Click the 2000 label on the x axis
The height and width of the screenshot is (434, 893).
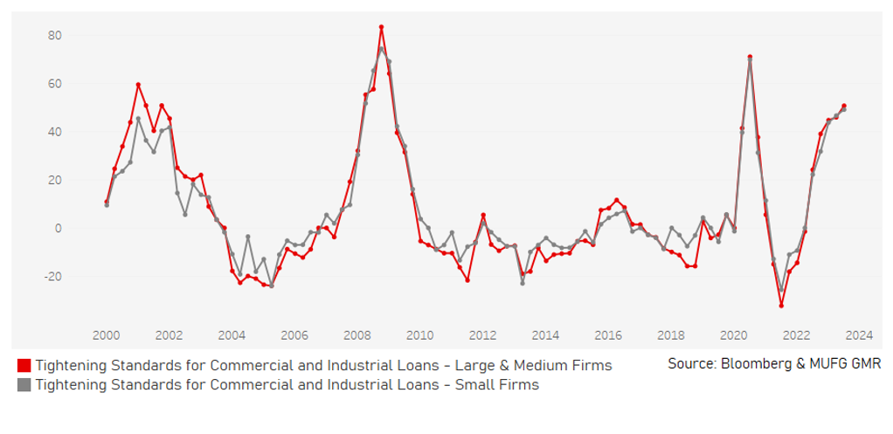107,334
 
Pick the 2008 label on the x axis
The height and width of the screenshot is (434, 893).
357,334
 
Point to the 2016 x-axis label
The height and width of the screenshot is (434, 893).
608,334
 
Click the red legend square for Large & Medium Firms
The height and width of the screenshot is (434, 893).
24,364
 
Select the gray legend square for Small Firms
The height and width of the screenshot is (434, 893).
24,384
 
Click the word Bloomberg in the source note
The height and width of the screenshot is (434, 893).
752,362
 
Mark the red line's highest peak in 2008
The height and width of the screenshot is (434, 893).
381,27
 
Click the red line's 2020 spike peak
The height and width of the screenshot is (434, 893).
750,57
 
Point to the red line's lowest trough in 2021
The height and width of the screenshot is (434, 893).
781,305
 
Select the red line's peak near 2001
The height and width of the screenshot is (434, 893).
138,85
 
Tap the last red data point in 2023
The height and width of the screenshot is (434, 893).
843,106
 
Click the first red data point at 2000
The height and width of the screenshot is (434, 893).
107,202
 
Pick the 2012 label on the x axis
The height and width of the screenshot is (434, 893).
483,334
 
